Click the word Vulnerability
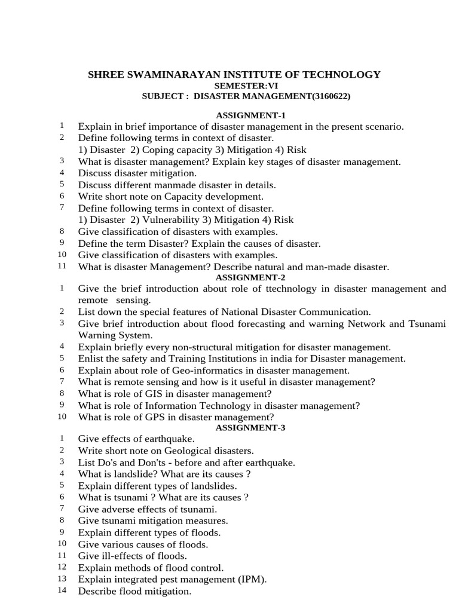coord(169,220)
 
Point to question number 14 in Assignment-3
coord(62,590)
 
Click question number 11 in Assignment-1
coord(62,266)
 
